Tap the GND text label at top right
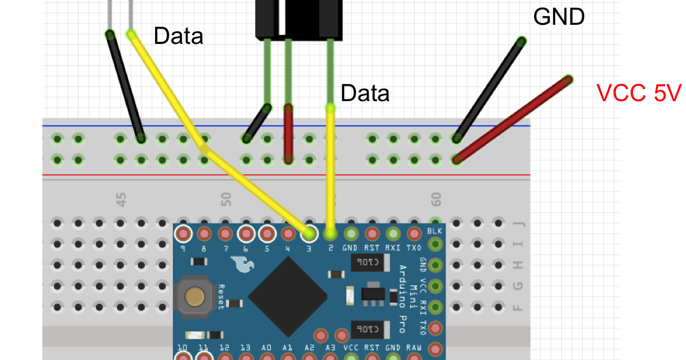pyautogui.click(x=559, y=17)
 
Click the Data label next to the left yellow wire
pyautogui.click(x=179, y=36)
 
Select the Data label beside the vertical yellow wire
pyautogui.click(x=365, y=93)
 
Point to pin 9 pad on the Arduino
pyautogui.click(x=183, y=233)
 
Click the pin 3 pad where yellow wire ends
pyautogui.click(x=309, y=233)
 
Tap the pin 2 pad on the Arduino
pyautogui.click(x=330, y=233)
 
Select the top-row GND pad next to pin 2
pyautogui.click(x=351, y=233)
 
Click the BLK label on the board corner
pyautogui.click(x=435, y=231)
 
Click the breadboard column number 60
pyautogui.click(x=436, y=200)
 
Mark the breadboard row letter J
pyautogui.click(x=519, y=223)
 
